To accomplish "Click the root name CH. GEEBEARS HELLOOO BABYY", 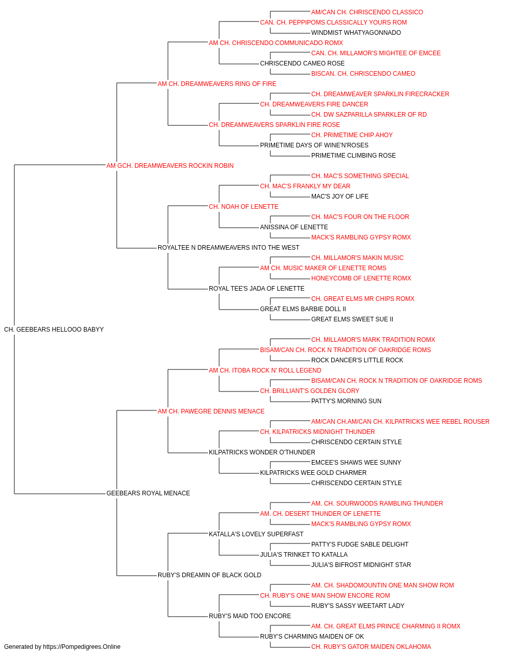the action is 54,330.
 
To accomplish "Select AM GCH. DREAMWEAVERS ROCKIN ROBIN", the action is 170,166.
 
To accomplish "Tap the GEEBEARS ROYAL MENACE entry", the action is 148,493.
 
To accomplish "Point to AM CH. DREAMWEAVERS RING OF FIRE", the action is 217,84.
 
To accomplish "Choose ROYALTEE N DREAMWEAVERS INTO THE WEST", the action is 228,248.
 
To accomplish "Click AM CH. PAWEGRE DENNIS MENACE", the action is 211,411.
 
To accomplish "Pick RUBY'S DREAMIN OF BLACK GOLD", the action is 209,575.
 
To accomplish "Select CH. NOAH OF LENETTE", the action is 243,207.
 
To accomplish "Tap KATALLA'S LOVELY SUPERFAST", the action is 256,534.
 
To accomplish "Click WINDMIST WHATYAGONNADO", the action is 356,33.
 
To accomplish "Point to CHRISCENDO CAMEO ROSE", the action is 302,63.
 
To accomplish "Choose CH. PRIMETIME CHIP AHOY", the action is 352,135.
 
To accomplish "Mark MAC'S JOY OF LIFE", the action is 339,196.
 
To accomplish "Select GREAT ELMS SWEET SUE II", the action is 352,319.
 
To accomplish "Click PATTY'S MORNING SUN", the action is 346,401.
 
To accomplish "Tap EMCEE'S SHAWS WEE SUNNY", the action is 356,463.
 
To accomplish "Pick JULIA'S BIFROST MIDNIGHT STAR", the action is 361,565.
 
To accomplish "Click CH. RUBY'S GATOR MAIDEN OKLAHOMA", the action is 371,647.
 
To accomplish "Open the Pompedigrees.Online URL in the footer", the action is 81,647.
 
